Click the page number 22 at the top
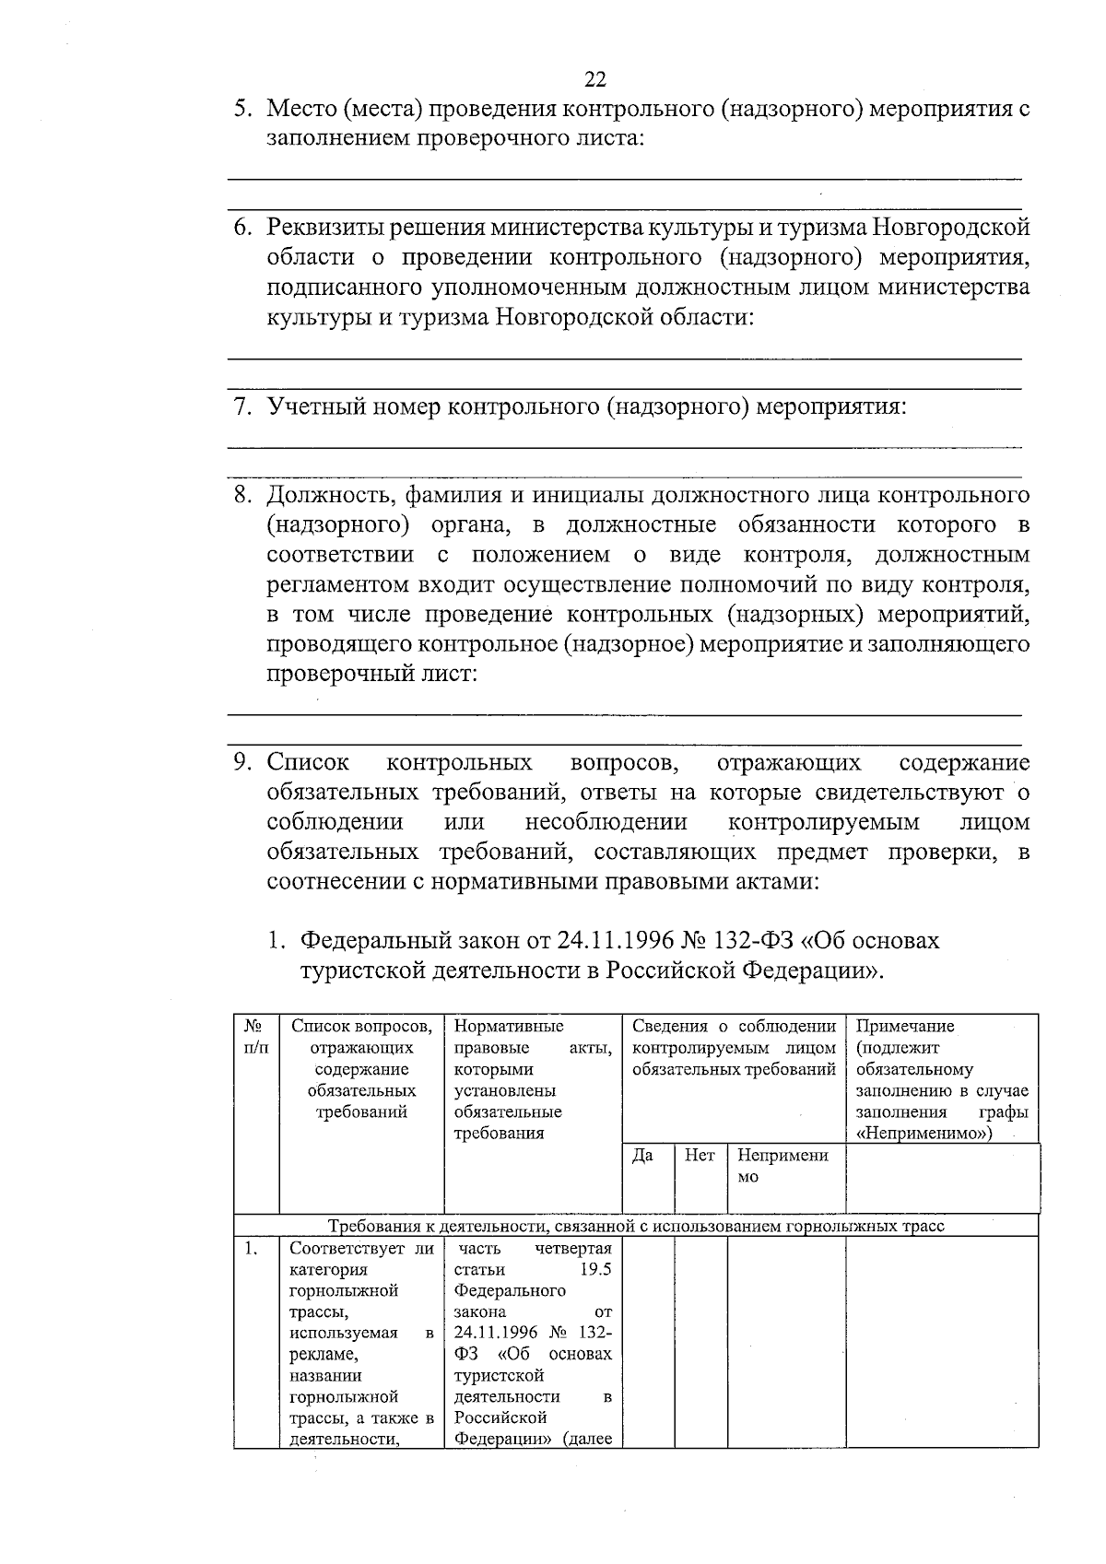click(594, 78)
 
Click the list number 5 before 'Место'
click(241, 109)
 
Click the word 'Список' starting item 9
click(308, 763)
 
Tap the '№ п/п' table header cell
click(255, 1038)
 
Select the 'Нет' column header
click(700, 1156)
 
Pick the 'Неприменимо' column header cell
click(782, 1167)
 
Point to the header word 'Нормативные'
click(509, 1027)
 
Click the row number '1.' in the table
click(250, 1249)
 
